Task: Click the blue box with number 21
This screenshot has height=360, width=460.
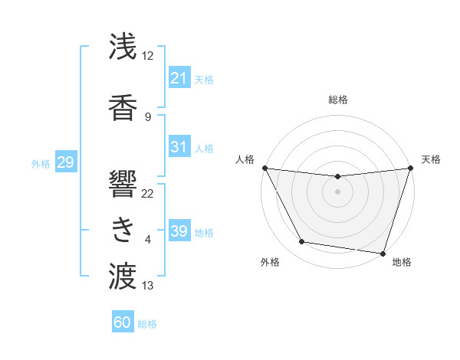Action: pyautogui.click(x=179, y=78)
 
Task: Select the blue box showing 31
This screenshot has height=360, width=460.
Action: pyautogui.click(x=179, y=147)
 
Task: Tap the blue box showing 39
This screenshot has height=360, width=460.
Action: pyautogui.click(x=179, y=231)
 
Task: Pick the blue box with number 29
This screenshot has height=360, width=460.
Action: pyautogui.click(x=65, y=162)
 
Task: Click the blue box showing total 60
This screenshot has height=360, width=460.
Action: pyautogui.click(x=123, y=323)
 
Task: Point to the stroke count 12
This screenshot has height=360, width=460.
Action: pyautogui.click(x=148, y=56)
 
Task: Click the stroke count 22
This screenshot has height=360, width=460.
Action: pyautogui.click(x=148, y=194)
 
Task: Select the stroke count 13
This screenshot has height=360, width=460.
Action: pyautogui.click(x=148, y=286)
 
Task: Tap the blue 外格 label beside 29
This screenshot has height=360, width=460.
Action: pyautogui.click(x=41, y=163)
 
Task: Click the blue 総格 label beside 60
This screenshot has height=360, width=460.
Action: pyautogui.click(x=147, y=324)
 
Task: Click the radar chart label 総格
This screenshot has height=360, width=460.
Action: pyautogui.click(x=337, y=100)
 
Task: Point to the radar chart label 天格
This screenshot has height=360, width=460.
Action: pyautogui.click(x=432, y=159)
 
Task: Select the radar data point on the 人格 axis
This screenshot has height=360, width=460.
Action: pyautogui.click(x=264, y=168)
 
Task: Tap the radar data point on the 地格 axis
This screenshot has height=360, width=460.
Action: pyautogui.click(x=383, y=253)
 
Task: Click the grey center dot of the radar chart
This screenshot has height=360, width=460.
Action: pyautogui.click(x=337, y=191)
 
